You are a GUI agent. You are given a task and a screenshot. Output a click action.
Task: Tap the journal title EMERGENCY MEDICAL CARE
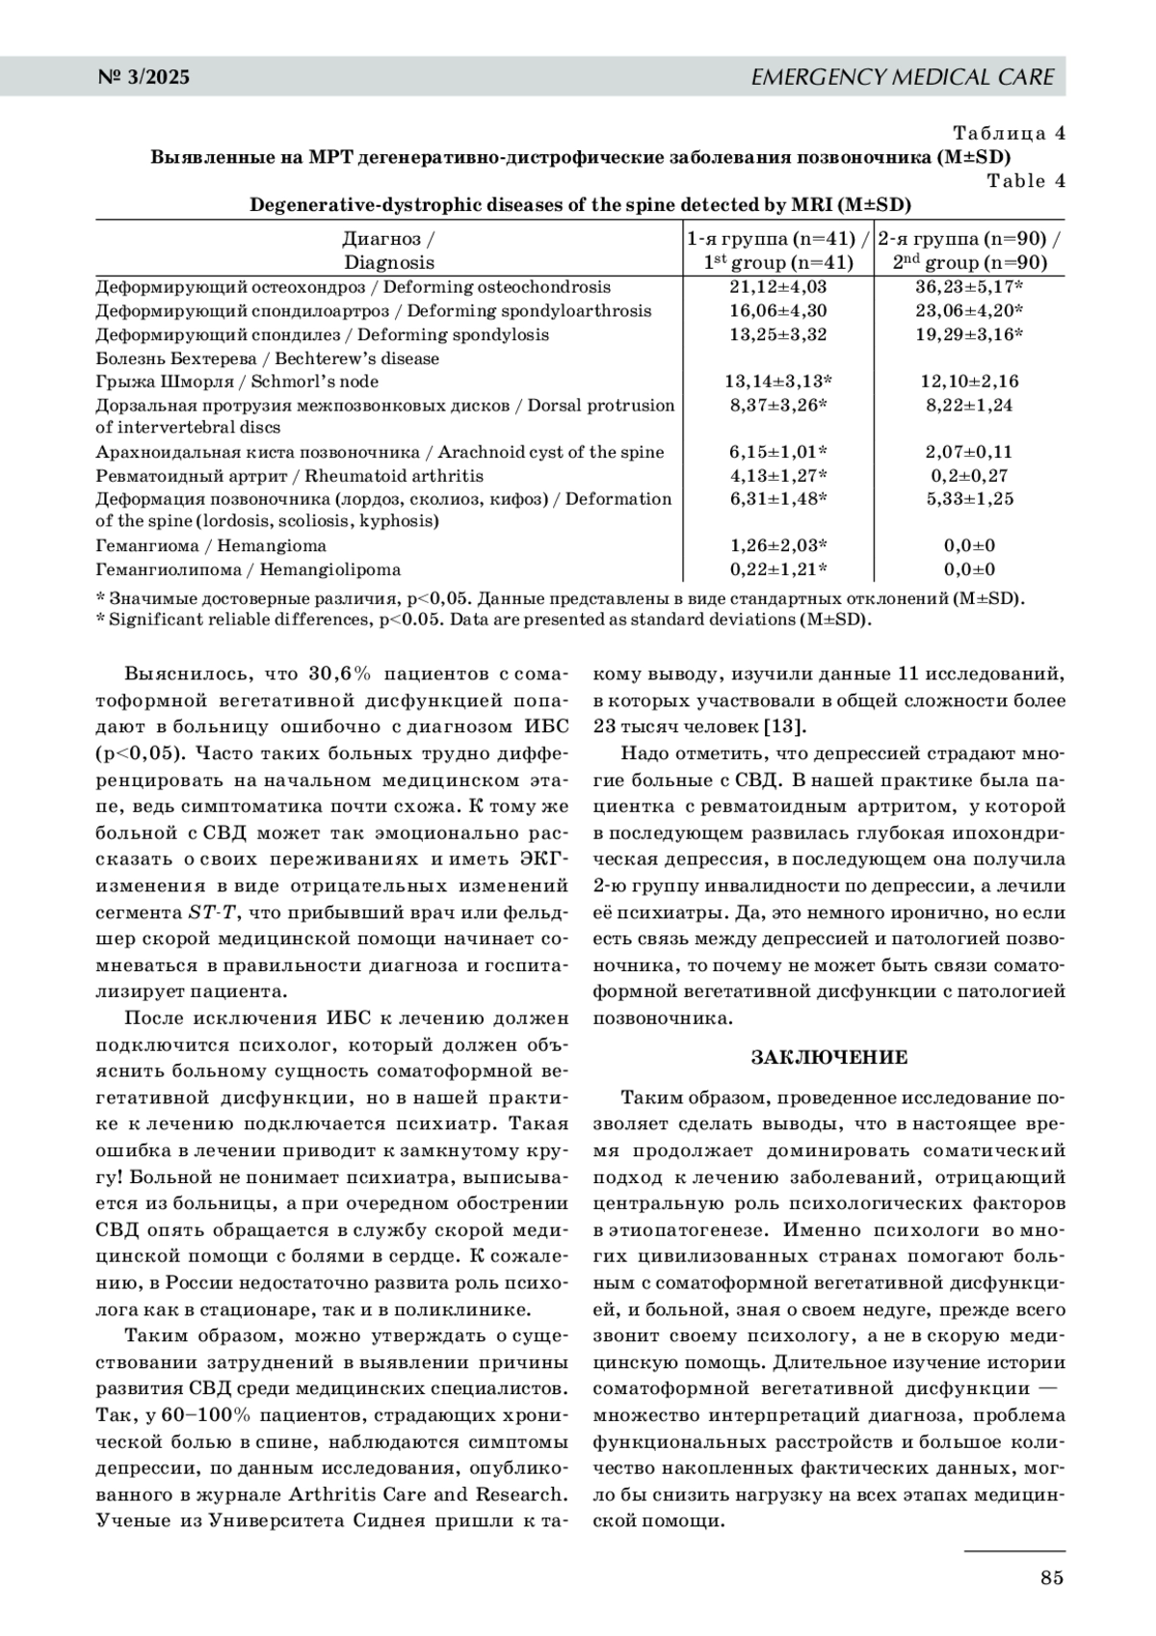902,77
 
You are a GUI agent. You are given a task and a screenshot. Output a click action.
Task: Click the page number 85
1051,1577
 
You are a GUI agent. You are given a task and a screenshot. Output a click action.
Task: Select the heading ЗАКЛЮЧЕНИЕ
829,1058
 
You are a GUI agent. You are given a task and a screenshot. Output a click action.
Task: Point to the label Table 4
1026,181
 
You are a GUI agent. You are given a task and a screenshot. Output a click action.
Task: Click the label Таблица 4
1009,133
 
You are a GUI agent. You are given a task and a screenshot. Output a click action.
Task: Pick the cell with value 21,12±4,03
777,287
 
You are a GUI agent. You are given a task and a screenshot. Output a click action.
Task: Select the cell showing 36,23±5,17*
969,287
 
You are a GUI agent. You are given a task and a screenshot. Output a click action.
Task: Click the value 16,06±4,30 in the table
777,311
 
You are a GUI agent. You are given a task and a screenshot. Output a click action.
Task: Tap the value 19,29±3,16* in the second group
969,334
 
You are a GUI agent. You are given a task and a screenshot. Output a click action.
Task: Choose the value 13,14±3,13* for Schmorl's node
777,382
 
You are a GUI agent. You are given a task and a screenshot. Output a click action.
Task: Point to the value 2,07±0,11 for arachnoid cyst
969,452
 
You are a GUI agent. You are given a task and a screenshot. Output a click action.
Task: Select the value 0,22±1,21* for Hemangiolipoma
777,569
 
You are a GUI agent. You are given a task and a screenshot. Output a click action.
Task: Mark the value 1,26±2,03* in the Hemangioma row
777,546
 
